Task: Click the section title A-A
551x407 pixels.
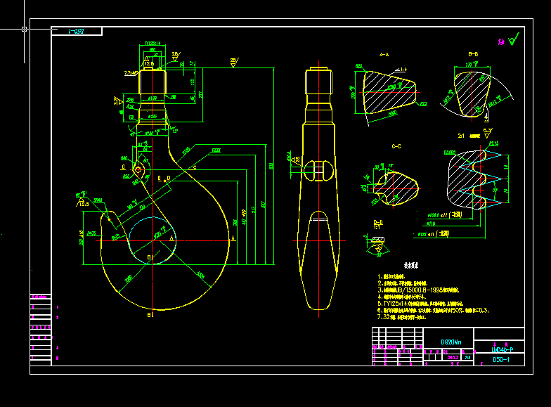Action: tap(384, 54)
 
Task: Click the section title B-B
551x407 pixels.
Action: tap(473, 54)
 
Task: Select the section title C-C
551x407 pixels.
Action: tap(396, 146)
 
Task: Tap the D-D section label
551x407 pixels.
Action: tap(378, 221)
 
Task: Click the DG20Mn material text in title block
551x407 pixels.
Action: tap(450, 342)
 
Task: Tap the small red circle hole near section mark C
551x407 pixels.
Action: tap(138, 168)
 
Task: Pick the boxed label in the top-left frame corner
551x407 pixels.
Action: tap(77, 32)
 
